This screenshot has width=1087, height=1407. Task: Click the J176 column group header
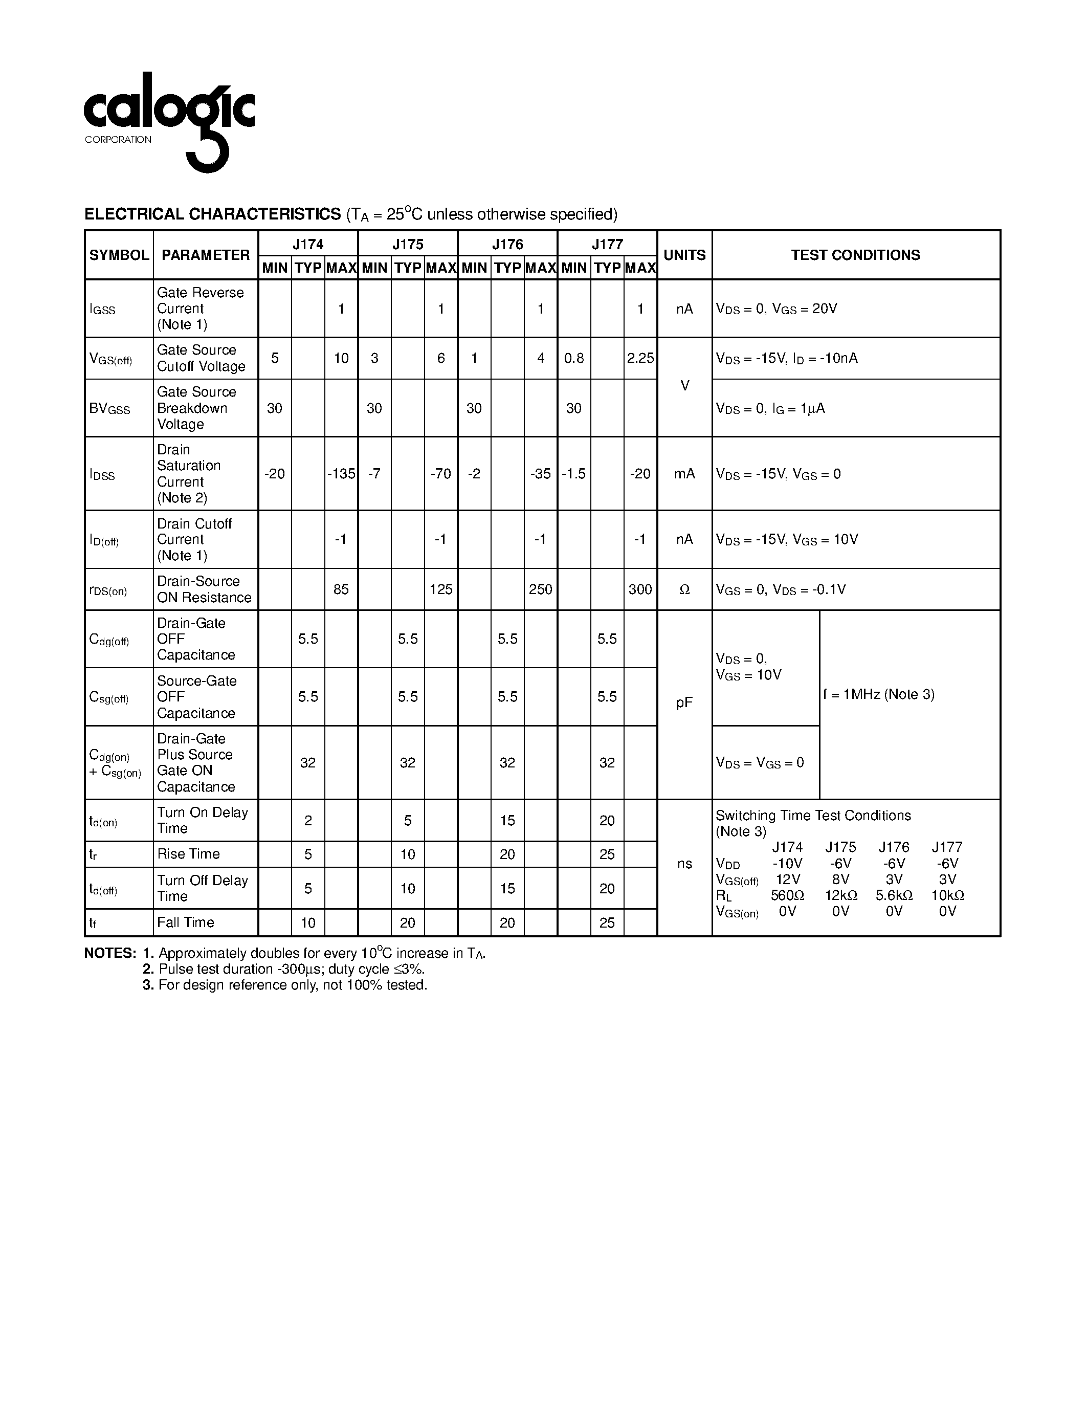point(507,244)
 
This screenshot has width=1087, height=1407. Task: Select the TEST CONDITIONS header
point(855,255)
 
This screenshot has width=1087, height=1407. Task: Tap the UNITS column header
point(684,255)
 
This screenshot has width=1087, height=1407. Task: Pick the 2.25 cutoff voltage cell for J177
point(640,358)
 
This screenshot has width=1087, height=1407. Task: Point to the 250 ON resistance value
point(540,589)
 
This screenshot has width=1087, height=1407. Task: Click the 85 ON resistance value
point(341,589)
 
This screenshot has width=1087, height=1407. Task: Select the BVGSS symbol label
point(109,408)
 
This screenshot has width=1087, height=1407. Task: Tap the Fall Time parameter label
point(186,922)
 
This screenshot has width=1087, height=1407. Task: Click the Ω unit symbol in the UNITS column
point(684,589)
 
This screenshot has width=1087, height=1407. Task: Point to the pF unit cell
point(684,703)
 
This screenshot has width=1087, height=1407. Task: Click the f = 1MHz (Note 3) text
point(878,694)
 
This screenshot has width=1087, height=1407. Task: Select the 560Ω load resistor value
point(787,895)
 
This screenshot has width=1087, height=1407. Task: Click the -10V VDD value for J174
point(787,863)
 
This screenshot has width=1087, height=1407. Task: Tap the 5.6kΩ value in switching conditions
point(894,895)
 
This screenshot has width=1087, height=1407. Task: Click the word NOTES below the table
point(110,954)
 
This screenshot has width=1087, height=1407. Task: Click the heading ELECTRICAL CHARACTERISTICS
point(212,214)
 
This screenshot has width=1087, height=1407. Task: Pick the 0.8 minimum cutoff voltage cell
point(574,358)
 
